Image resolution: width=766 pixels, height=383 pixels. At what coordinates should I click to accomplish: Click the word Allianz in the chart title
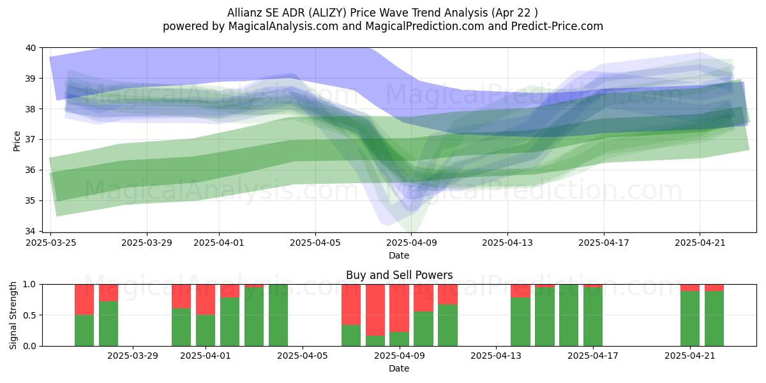pyautogui.click(x=245, y=13)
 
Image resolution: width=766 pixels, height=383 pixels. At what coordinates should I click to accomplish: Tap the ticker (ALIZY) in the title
pyautogui.click(x=327, y=13)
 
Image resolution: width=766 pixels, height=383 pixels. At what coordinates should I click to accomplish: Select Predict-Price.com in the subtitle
pyautogui.click(x=557, y=26)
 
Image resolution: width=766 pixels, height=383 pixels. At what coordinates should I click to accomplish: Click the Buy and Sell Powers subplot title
pyautogui.click(x=399, y=275)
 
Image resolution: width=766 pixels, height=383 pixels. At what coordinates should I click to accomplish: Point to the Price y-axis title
pyautogui.click(x=17, y=141)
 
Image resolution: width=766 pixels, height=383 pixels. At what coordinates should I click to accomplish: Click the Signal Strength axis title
pyautogui.click(x=13, y=315)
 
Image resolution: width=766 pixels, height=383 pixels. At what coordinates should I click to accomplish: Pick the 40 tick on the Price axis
pyautogui.click(x=31, y=48)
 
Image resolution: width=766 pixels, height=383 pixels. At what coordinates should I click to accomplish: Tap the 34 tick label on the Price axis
pyautogui.click(x=31, y=231)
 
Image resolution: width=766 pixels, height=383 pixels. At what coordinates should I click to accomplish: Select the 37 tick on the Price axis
pyautogui.click(x=31, y=140)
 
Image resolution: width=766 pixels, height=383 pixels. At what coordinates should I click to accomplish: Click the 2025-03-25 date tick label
pyautogui.click(x=51, y=243)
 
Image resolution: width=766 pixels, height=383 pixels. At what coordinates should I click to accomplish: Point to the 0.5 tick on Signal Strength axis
pyautogui.click(x=29, y=315)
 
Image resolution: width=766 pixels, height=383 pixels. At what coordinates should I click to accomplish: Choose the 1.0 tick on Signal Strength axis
pyautogui.click(x=29, y=285)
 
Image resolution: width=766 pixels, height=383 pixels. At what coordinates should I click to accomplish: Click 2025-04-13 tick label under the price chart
pyautogui.click(x=507, y=243)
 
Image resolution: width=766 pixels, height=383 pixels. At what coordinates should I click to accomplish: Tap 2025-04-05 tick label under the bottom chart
pyautogui.click(x=303, y=356)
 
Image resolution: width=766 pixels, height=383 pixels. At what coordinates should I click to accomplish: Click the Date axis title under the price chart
pyautogui.click(x=399, y=255)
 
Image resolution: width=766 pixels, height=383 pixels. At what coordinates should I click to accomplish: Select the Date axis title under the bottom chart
pyautogui.click(x=399, y=368)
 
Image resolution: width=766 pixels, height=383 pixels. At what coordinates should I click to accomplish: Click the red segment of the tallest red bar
pyautogui.click(x=375, y=310)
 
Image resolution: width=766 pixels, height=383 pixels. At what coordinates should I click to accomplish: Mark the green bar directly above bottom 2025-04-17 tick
pyautogui.click(x=593, y=317)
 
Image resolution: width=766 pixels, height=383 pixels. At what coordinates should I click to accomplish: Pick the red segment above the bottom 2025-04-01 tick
pyautogui.click(x=206, y=299)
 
